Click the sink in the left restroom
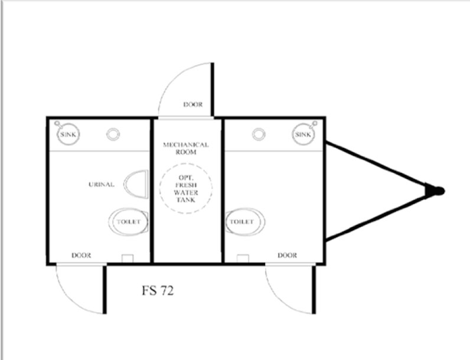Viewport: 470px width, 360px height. pyautogui.click(x=68, y=134)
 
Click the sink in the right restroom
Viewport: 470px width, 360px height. pyautogui.click(x=303, y=134)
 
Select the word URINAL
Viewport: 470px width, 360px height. pyautogui.click(x=102, y=185)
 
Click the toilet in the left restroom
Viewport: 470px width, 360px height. pyautogui.click(x=128, y=222)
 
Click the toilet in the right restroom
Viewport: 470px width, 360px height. pyautogui.click(x=245, y=222)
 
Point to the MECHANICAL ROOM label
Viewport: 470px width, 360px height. pyautogui.click(x=186, y=148)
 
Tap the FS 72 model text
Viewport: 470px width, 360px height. pyautogui.click(x=158, y=290)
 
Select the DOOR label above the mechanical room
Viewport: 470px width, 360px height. pyautogui.click(x=193, y=104)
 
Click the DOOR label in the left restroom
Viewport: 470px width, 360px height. pyautogui.click(x=81, y=256)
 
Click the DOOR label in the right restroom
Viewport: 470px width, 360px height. pyautogui.click(x=287, y=256)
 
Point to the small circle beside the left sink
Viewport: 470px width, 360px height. pyautogui.click(x=113, y=134)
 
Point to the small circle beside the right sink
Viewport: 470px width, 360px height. pyautogui.click(x=259, y=134)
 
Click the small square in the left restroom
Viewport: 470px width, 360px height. pyautogui.click(x=128, y=258)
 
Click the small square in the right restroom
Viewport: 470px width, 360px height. pyautogui.click(x=243, y=258)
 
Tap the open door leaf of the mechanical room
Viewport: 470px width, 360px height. pyautogui.click(x=213, y=89)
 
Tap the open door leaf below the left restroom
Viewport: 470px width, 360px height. pyautogui.click(x=105, y=289)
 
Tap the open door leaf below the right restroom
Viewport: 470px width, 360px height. pyautogui.click(x=314, y=289)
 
